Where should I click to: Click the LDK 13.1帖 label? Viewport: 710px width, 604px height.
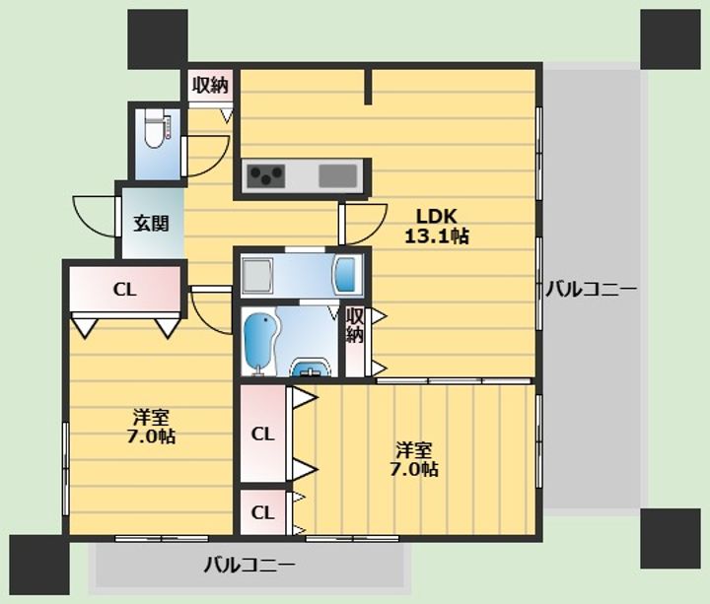point(437,227)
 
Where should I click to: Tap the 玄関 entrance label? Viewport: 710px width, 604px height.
point(151,223)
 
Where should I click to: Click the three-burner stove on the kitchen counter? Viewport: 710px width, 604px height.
point(266,176)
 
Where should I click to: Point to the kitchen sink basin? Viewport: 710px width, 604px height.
point(338,176)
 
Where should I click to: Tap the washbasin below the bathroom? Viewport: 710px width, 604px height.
point(311,367)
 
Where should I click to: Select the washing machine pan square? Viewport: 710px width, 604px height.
point(257,276)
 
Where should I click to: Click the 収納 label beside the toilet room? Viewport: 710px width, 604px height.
point(210,85)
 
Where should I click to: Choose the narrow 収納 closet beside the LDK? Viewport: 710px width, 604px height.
point(355,342)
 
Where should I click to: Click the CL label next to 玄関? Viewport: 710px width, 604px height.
point(124,290)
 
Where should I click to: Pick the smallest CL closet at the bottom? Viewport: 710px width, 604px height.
point(262,512)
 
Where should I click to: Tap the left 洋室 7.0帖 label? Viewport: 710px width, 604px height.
point(151,427)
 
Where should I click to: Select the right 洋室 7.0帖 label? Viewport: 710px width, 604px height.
point(414,459)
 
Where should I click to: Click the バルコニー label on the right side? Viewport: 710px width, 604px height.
point(591,289)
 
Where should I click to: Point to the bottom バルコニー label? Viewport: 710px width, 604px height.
point(249,565)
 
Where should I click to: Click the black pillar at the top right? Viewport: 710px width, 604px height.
point(671,39)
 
